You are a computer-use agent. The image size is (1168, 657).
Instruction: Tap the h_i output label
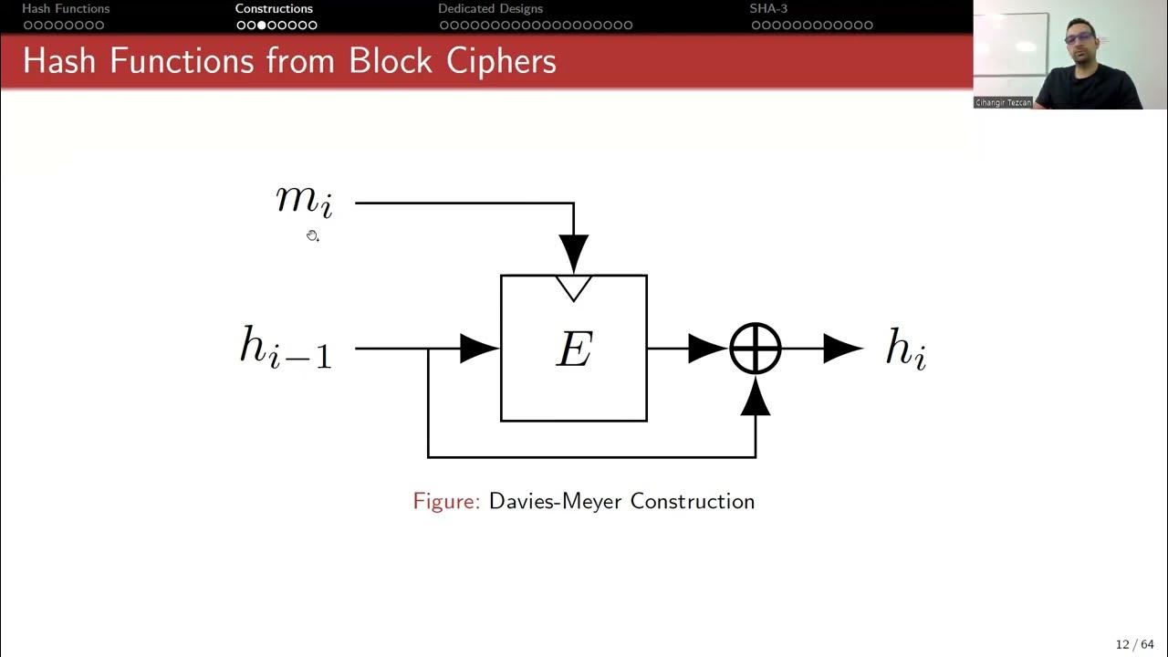[x=906, y=349]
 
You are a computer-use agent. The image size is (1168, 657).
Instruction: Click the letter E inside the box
[x=574, y=349]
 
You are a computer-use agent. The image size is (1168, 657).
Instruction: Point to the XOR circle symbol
[x=756, y=348]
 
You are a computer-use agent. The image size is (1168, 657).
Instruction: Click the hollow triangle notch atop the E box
[x=574, y=287]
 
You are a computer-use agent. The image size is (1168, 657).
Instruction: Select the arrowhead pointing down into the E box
[x=574, y=251]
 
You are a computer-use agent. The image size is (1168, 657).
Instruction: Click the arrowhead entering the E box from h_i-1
[x=478, y=348]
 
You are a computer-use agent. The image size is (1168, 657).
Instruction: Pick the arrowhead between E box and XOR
[x=706, y=348]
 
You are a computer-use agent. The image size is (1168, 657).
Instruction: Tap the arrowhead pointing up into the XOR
[x=756, y=397]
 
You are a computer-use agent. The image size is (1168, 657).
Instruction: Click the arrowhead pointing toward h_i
[x=841, y=348]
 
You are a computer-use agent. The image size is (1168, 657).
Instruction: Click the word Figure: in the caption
[x=446, y=501]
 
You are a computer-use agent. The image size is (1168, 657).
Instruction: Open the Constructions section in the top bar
[x=274, y=9]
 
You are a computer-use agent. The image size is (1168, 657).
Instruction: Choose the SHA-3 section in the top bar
[x=768, y=9]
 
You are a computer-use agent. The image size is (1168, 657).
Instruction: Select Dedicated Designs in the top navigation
[x=490, y=9]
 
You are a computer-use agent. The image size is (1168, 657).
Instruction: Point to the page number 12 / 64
[x=1134, y=644]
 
